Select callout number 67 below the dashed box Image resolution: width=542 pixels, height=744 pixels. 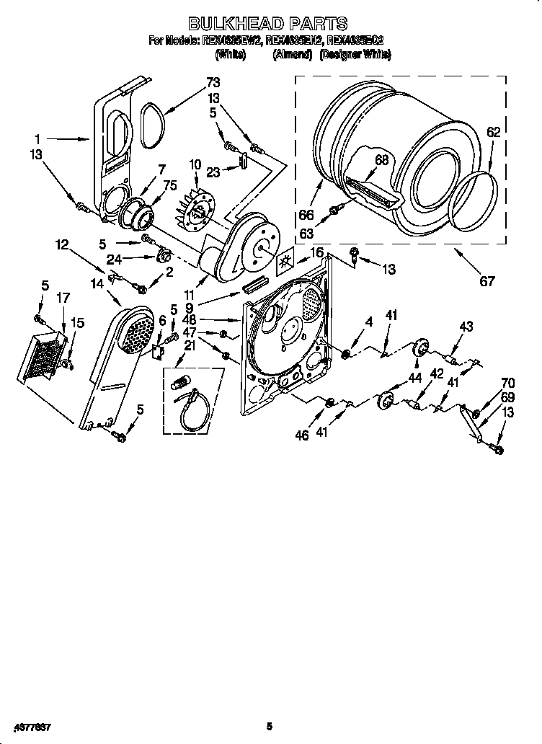click(487, 281)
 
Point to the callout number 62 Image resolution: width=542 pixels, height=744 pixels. click(493, 132)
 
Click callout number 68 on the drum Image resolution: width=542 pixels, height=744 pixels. click(382, 160)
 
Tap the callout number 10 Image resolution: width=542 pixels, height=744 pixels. click(194, 166)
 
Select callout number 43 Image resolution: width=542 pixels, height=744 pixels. click(466, 328)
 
